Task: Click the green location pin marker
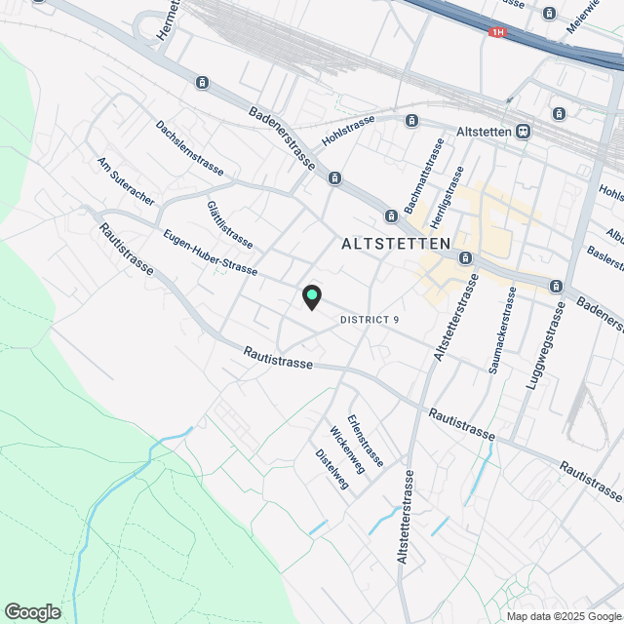coord(311,295)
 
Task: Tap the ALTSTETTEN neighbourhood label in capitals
coord(396,244)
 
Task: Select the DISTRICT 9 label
coord(370,320)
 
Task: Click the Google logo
coord(32,611)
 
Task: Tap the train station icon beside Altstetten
coord(524,131)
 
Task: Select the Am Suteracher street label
coord(126,180)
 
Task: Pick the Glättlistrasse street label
coord(230,223)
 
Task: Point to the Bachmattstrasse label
coord(436,172)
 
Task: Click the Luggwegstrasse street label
coord(546,346)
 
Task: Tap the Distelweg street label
coord(331,469)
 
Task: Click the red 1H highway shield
coord(498,32)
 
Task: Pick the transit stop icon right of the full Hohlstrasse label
coord(412,121)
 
